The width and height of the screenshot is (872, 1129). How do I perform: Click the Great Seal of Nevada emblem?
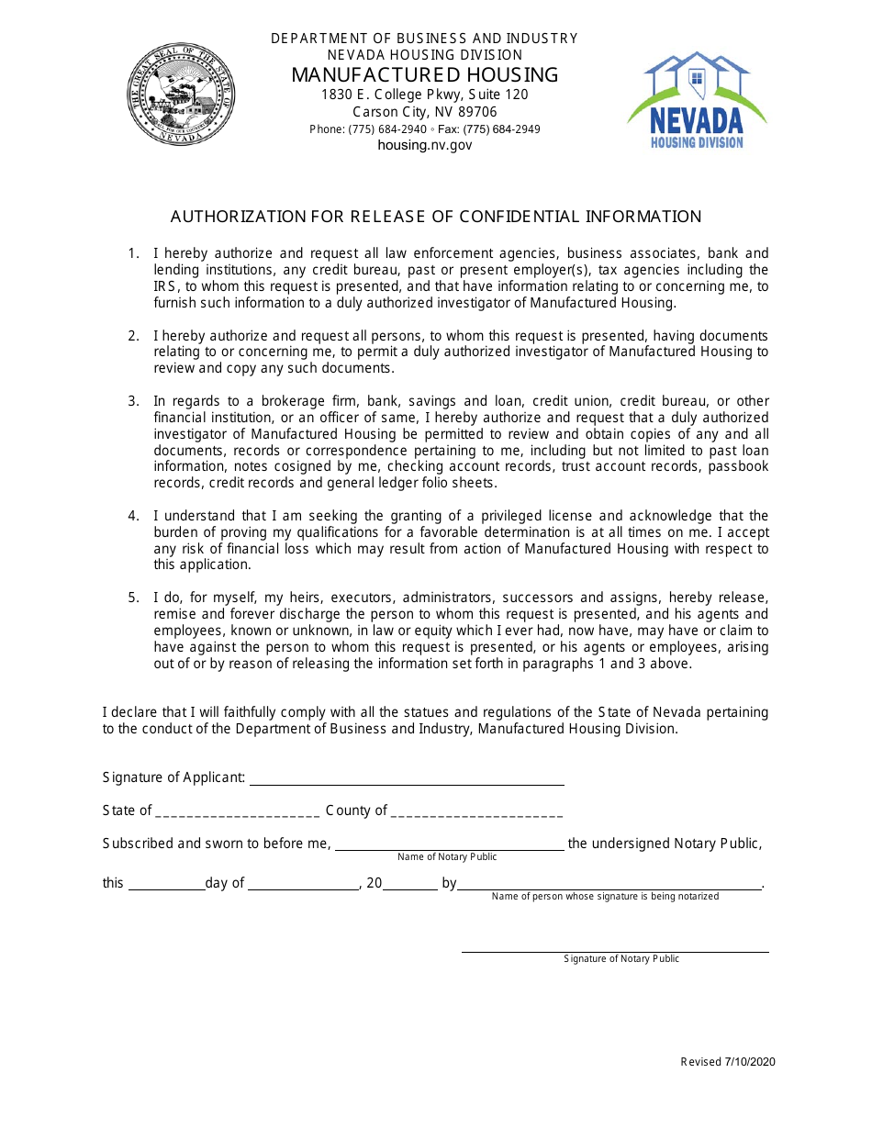[181, 94]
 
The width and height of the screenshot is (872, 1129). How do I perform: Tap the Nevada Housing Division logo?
[697, 100]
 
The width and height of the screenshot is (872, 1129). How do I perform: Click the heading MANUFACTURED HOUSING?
[424, 75]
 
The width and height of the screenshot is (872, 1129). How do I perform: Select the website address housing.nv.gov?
[424, 145]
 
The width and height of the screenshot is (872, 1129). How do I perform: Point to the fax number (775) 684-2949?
[502, 129]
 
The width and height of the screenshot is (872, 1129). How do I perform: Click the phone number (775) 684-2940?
[387, 129]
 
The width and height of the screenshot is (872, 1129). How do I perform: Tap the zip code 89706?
[478, 112]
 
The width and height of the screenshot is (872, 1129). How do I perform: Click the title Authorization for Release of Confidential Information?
[436, 217]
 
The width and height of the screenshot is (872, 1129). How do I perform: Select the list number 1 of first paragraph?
[133, 253]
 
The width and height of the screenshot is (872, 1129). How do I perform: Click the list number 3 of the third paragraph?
[133, 401]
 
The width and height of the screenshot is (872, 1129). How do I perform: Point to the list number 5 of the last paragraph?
[133, 598]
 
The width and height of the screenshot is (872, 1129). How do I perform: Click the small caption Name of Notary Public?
[447, 857]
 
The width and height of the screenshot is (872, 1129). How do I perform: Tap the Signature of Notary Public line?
[615, 950]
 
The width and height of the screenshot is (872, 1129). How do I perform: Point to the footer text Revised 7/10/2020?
[728, 1062]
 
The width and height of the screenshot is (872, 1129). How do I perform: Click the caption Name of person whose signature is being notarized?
[605, 897]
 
